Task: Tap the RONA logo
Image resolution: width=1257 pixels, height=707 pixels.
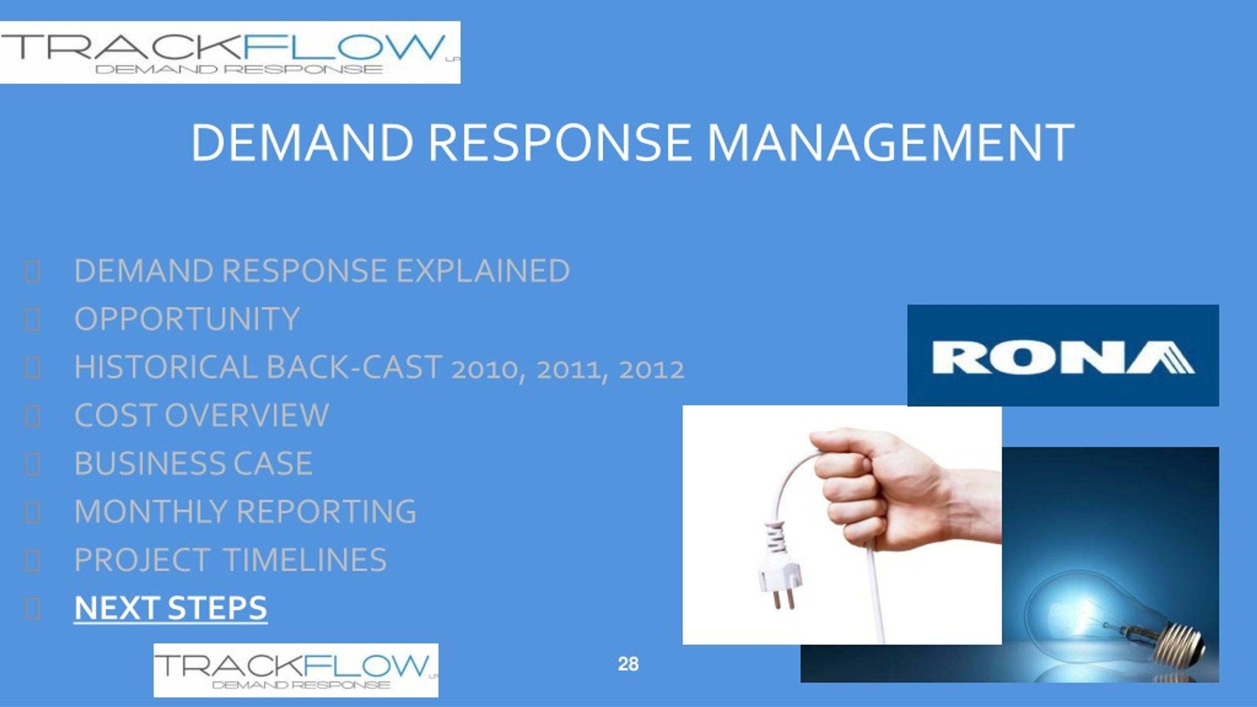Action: pyautogui.click(x=1063, y=355)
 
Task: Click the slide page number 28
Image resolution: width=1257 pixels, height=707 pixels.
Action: pyautogui.click(x=628, y=664)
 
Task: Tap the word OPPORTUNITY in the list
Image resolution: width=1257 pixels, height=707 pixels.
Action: pyautogui.click(x=187, y=319)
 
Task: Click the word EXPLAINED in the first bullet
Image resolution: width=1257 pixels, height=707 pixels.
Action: pyautogui.click(x=483, y=271)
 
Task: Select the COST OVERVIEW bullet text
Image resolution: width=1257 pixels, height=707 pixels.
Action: pyautogui.click(x=201, y=415)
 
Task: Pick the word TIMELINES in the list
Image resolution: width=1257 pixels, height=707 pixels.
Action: pyautogui.click(x=305, y=559)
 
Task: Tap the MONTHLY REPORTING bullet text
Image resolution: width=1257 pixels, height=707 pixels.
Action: pyautogui.click(x=245, y=511)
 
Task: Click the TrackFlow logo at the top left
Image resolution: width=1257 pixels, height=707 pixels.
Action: pyautogui.click(x=230, y=52)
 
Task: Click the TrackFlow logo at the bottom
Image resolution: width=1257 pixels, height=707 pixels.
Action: pyautogui.click(x=296, y=670)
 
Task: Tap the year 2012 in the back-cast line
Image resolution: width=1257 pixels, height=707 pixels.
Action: pyautogui.click(x=651, y=369)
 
